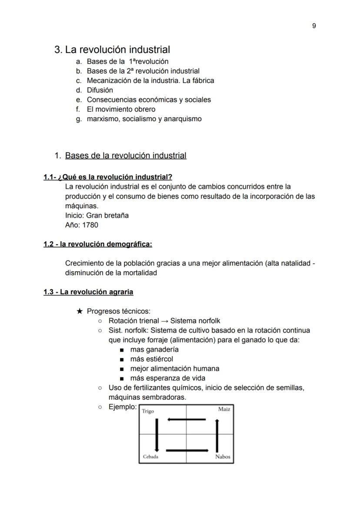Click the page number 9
pyautogui.click(x=314, y=26)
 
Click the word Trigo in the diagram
pyautogui.click(x=148, y=411)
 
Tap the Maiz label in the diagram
pyautogui.click(x=224, y=409)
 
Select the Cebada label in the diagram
pyautogui.click(x=150, y=457)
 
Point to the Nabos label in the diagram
pyautogui.click(x=223, y=457)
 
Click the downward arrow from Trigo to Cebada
pyautogui.click(x=157, y=435)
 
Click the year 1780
pyautogui.click(x=90, y=225)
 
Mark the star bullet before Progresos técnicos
pyautogui.click(x=79, y=311)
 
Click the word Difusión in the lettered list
pyautogui.click(x=100, y=90)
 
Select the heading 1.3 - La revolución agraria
pyautogui.click(x=88, y=292)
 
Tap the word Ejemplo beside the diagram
pyautogui.click(x=122, y=407)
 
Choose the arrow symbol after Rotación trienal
pyautogui.click(x=164, y=321)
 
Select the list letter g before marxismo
pyautogui.click(x=78, y=119)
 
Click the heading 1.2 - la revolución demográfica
pyautogui.click(x=97, y=244)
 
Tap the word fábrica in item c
pyautogui.click(x=201, y=80)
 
